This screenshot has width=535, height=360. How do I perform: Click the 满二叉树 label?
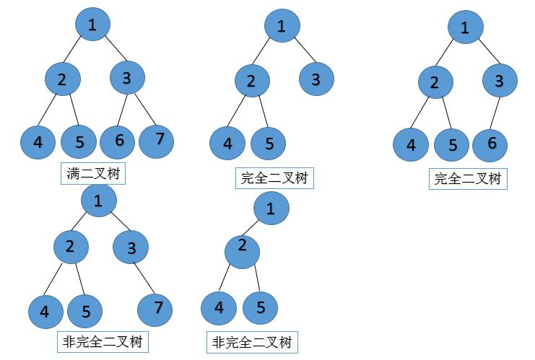(93, 174)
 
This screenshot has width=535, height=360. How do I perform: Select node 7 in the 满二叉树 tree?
(157, 141)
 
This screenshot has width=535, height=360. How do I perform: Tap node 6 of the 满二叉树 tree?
(118, 142)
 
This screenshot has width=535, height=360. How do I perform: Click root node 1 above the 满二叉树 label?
(93, 25)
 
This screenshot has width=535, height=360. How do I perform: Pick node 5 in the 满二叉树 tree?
(79, 142)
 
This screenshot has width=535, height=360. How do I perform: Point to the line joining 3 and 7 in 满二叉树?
(145, 109)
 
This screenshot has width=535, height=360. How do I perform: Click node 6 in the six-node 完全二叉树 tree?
(490, 145)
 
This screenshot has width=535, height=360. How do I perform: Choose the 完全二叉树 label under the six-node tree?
(468, 179)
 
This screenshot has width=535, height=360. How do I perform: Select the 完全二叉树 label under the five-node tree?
(274, 178)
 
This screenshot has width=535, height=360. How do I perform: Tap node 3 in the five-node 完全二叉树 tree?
(317, 79)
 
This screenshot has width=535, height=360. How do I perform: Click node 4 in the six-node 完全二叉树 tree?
(411, 145)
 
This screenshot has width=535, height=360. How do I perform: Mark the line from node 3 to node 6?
(495, 113)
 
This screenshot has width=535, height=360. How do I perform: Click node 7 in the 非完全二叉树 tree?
(155, 309)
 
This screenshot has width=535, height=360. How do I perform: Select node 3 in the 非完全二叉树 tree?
(131, 247)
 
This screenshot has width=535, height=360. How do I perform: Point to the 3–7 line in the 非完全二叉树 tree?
(144, 278)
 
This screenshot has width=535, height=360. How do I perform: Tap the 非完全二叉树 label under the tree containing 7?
(103, 341)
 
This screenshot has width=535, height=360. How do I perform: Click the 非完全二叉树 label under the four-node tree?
(252, 342)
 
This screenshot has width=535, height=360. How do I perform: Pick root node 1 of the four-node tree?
(271, 208)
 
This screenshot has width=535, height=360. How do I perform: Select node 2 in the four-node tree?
(243, 252)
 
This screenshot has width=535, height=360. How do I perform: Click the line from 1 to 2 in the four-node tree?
(251, 228)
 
